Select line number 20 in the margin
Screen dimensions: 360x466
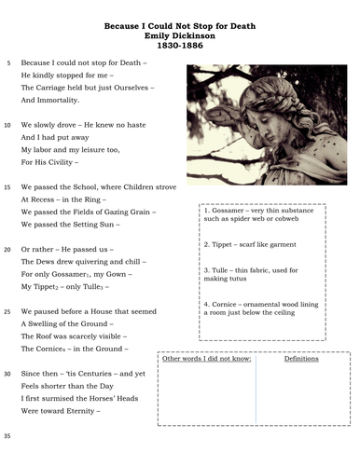7,250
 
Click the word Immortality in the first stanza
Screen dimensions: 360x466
58,100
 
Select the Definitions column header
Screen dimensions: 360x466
300,359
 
